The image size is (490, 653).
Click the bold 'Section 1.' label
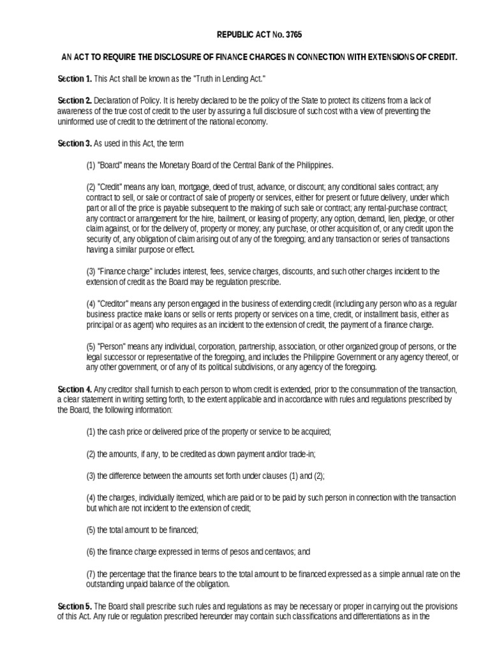75,78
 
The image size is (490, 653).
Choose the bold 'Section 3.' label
75,143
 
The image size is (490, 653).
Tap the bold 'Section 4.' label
75,390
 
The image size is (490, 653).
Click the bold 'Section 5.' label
75,605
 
